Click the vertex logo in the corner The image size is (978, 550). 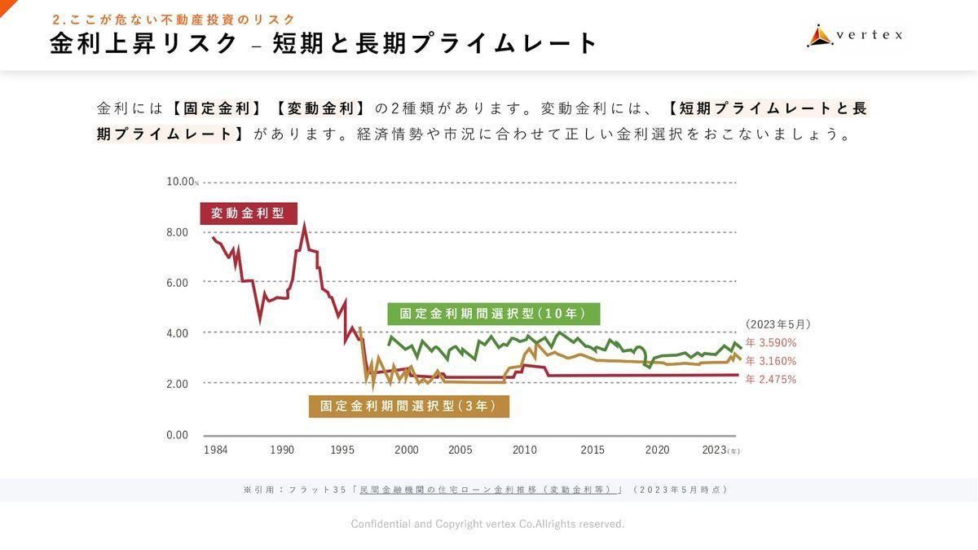pos(855,35)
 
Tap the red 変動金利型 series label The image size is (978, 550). pos(248,213)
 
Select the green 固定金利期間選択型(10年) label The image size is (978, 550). pos(493,314)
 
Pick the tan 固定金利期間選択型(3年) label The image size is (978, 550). pos(408,406)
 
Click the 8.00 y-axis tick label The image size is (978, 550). pos(177,232)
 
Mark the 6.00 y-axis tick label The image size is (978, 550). pos(177,283)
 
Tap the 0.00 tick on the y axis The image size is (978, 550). pos(177,435)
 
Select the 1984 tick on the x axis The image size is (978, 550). pos(216,451)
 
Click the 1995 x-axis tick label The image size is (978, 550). pos(343,451)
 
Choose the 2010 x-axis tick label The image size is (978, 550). pos(525,451)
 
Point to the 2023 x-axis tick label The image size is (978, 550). pos(715,451)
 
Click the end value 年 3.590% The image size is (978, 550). pos(771,343)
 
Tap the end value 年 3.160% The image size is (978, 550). pos(771,361)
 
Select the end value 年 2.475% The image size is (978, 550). pos(771,380)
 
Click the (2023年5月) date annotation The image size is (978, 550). pos(778,324)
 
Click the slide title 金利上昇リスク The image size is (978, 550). pos(143,43)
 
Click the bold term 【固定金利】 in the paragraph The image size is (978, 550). pos(217,108)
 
